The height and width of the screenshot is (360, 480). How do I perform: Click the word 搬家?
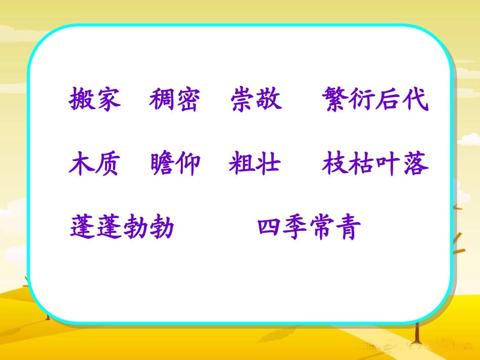[95, 99]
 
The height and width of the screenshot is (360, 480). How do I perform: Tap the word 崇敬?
[256, 99]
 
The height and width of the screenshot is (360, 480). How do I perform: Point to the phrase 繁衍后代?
[374, 99]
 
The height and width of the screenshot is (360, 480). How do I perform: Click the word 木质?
[95, 164]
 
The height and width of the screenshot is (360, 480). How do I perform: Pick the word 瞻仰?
[175, 164]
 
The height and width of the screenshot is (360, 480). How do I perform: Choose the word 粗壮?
[255, 164]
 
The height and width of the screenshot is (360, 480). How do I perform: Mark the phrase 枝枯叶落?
[375, 164]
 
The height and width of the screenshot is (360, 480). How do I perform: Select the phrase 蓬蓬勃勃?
[122, 228]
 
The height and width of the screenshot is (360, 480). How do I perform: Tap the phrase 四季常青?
[309, 228]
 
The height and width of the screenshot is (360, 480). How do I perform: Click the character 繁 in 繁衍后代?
[334, 99]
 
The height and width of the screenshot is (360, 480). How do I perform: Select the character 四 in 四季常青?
[270, 228]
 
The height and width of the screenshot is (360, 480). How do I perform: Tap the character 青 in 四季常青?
[349, 228]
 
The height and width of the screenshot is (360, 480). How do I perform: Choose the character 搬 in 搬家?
[82, 99]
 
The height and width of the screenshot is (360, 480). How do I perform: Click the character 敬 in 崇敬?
[269, 99]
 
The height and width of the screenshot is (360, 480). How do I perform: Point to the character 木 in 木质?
[82, 164]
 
